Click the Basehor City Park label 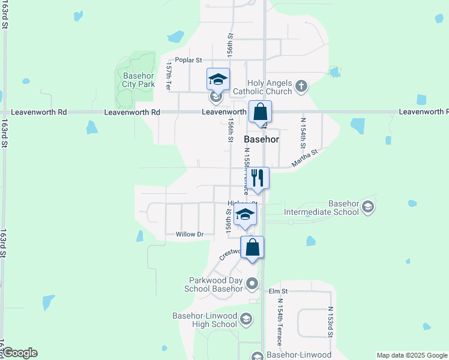(x=139, y=80)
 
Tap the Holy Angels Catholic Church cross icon (x=302, y=87)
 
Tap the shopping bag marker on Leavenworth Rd (x=261, y=112)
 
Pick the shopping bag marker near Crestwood (x=253, y=247)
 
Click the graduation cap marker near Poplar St (x=218, y=79)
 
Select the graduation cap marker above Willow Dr (x=245, y=214)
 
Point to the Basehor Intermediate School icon (x=368, y=208)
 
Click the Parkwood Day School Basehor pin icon (x=252, y=284)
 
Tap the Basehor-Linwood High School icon (x=246, y=320)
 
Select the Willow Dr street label (x=190, y=234)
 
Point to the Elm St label (x=279, y=291)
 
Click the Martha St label (x=304, y=160)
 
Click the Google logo (x=20, y=353)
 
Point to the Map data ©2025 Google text (x=411, y=355)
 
